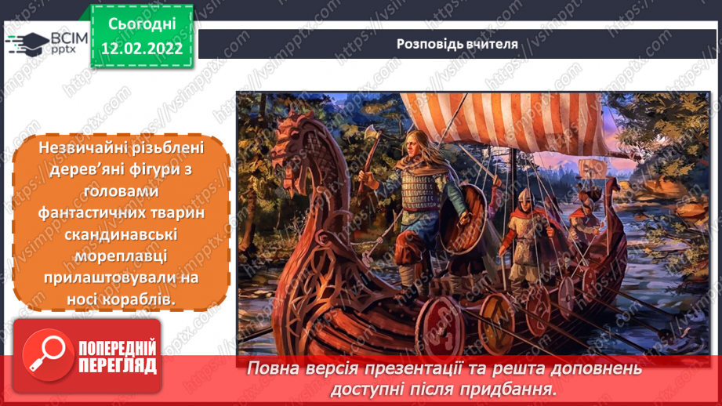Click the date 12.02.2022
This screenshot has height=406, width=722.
(141, 49)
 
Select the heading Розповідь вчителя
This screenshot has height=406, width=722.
(457, 44)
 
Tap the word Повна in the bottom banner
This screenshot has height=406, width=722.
(276, 368)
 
